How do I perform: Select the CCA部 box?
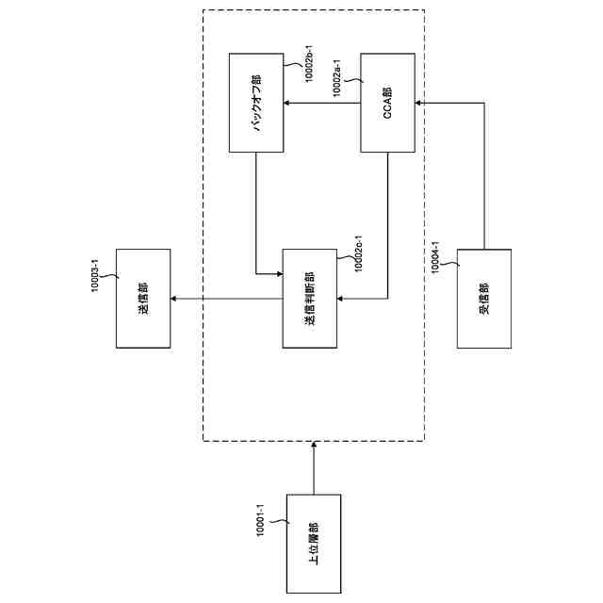coord(389,103)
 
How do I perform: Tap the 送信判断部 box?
coord(310,300)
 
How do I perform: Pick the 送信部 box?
coord(142,298)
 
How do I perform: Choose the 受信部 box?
coord(483,300)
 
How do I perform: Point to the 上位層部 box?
coord(312,543)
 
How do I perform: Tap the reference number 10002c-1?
coord(357,250)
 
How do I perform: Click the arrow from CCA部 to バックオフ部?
coord(323,103)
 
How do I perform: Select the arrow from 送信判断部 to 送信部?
coord(226,300)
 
